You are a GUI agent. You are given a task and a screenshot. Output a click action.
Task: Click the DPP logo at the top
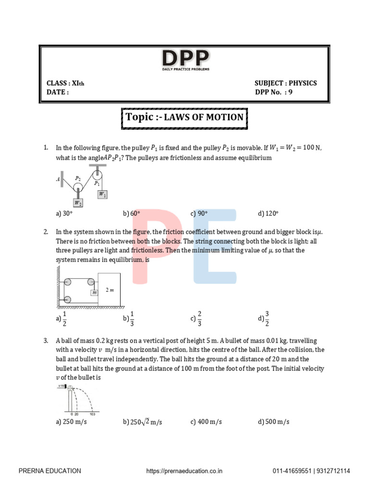point(185,61)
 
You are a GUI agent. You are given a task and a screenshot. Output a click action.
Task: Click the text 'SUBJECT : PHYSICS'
point(285,83)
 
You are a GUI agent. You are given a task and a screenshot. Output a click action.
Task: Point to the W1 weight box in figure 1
point(102,195)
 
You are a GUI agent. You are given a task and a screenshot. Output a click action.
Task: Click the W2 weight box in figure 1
point(78,203)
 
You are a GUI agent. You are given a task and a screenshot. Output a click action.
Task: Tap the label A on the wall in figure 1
point(58,179)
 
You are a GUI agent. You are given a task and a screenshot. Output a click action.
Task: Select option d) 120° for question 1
point(268,213)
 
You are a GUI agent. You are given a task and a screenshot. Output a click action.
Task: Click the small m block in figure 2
point(94,292)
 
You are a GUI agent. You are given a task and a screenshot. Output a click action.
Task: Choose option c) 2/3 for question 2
point(196,318)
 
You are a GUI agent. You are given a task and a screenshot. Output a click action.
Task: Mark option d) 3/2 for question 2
point(264,318)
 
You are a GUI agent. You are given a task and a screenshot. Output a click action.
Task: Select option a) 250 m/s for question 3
point(72,422)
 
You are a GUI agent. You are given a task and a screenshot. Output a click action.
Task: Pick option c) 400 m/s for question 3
point(206,422)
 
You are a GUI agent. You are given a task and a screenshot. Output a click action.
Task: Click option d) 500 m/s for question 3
point(274,422)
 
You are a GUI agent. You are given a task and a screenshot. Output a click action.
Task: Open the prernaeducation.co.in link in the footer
point(184,471)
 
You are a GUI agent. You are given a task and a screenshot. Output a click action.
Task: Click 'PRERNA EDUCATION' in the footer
point(49,471)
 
